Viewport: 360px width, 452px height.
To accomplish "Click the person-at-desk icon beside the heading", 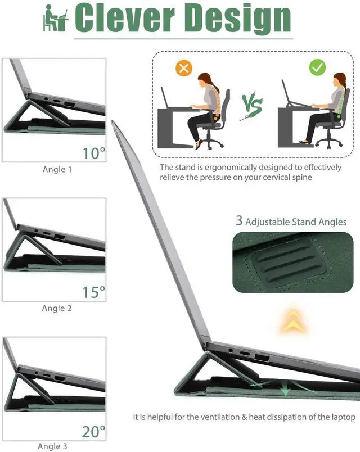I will tap(55, 20).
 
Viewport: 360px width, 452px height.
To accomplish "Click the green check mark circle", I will tap(317, 68).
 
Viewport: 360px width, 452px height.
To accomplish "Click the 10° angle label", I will tap(94, 153).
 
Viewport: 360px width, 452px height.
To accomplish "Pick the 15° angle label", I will tap(94, 292).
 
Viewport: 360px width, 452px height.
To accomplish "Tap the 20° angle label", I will tap(93, 432).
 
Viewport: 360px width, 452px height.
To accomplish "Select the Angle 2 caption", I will tap(57, 308).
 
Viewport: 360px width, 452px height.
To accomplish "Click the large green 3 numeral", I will tap(239, 221).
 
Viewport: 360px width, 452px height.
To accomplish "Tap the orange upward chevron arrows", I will tap(291, 320).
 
